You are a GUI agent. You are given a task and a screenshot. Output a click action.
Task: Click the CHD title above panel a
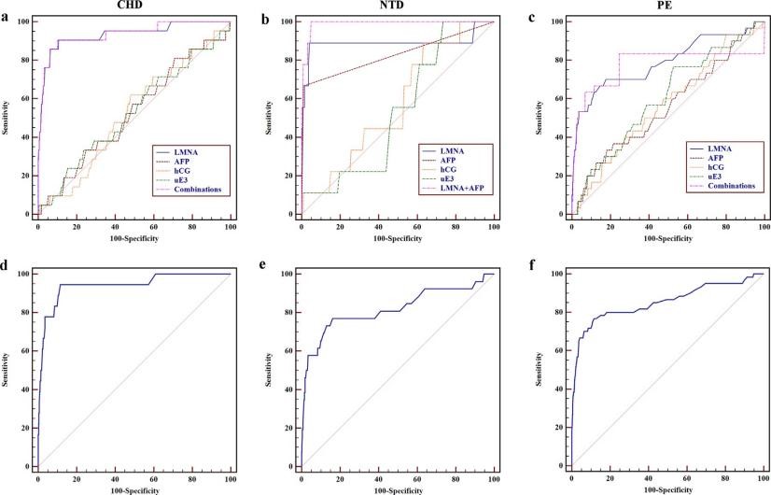[x=132, y=6]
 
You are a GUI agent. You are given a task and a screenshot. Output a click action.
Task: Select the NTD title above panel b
[x=397, y=6]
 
